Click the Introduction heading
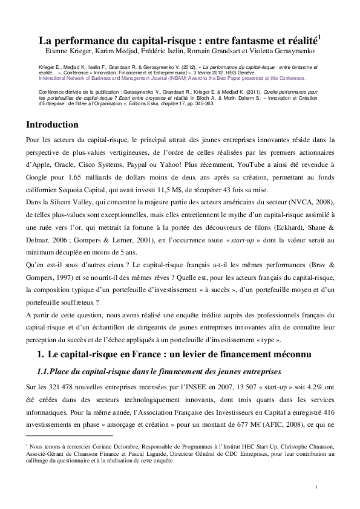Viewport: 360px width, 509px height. tap(61, 125)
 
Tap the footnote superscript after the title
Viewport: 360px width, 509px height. tap(319, 37)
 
